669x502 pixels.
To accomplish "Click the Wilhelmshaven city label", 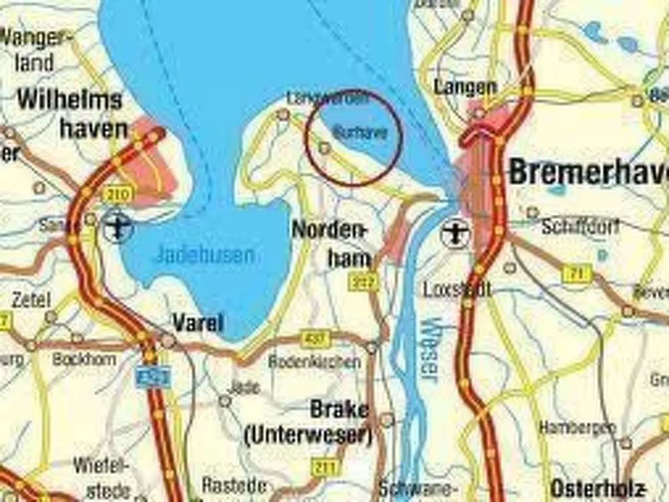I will pos(70,114).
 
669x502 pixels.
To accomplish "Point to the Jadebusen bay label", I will pos(205,255).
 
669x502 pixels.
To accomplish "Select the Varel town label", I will pos(198,322).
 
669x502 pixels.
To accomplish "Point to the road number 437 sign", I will pos(315,338).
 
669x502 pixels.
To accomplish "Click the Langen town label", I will pos(465,87).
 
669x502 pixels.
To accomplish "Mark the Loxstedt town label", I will pos(457,289).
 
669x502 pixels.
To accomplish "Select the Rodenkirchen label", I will pos(314,361).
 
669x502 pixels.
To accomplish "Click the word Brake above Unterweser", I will pos(340,410).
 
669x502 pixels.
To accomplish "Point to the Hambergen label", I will pos(577,428).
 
